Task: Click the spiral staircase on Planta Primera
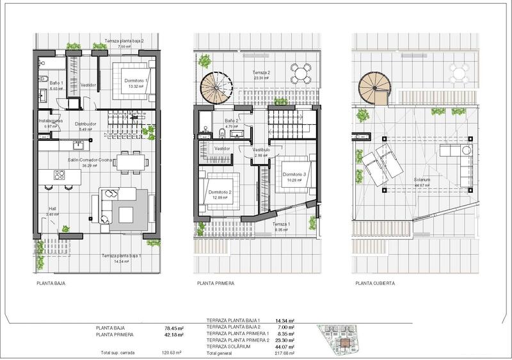click(x=218, y=91)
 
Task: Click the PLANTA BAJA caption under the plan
click(x=51, y=282)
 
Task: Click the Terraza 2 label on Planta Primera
click(x=262, y=72)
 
